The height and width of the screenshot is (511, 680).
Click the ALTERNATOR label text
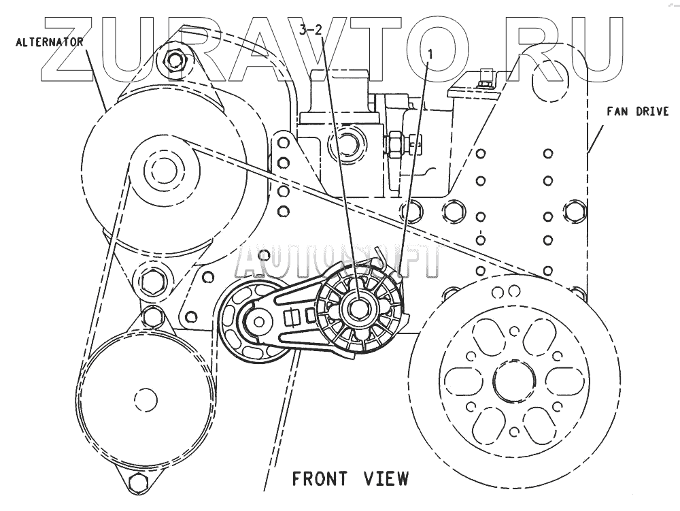pyautogui.click(x=48, y=42)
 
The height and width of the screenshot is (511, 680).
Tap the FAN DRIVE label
pyautogui.click(x=638, y=111)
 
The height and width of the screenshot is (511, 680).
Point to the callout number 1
pyautogui.click(x=429, y=51)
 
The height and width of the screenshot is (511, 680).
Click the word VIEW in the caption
pyautogui.click(x=386, y=479)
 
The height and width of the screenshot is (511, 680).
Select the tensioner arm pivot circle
pyautogui.click(x=258, y=320)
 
